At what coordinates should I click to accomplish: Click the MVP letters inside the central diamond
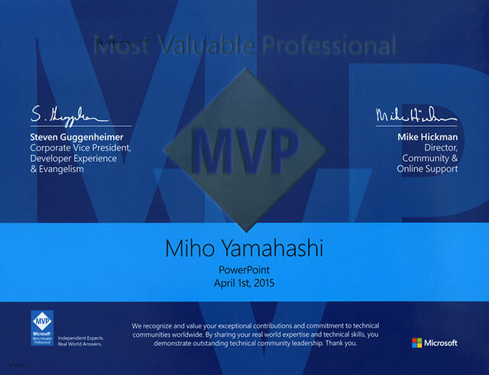(243, 149)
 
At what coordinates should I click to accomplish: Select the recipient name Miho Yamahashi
(244, 250)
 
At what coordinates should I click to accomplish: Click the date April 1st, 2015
(244, 283)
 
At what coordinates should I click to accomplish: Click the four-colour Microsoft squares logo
(416, 342)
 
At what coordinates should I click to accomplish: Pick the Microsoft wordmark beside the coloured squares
(442, 342)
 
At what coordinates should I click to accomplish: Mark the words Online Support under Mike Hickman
(427, 169)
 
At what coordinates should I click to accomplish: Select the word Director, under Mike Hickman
(439, 149)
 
